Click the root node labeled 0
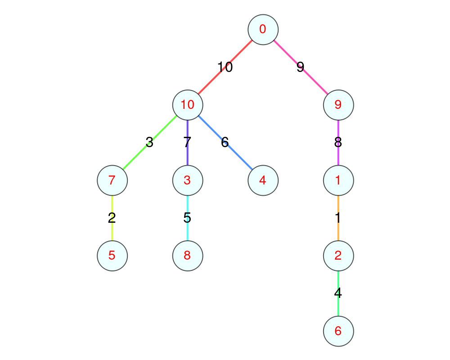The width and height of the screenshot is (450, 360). coord(263,30)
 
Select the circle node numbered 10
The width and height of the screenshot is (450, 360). coord(188,105)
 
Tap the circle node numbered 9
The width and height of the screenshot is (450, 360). coord(338,105)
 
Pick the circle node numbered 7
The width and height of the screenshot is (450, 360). coord(112,180)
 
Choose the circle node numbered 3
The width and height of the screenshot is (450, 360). coord(188,180)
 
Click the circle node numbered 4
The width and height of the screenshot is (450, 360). coord(263,180)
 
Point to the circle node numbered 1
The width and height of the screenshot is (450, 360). coord(338,180)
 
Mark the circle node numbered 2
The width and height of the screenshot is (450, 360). coord(338,256)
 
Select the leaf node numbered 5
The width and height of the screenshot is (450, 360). coord(112,256)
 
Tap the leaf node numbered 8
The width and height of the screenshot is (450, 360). coord(188,256)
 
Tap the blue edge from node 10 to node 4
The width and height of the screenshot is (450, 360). coord(238,156)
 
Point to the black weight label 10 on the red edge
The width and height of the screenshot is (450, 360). coord(225,67)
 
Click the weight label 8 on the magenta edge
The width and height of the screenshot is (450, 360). coord(338,143)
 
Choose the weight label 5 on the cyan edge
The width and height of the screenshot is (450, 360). coord(188,218)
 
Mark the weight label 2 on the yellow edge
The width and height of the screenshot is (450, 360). coord(112,218)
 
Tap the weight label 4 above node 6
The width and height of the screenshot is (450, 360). coord(338,293)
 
